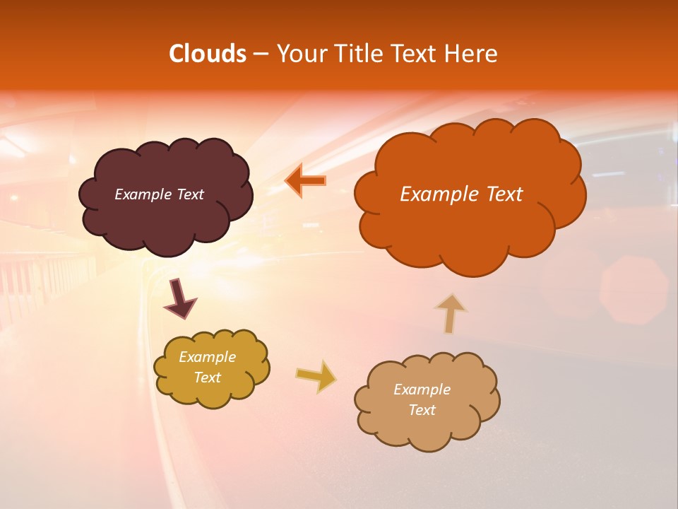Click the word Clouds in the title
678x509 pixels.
tap(207, 54)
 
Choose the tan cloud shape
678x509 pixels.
tap(424, 431)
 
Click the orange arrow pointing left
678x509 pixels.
tap(305, 181)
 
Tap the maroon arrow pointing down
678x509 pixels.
tap(179, 300)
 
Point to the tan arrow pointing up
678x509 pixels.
tap(450, 313)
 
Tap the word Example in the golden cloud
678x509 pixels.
tap(207, 357)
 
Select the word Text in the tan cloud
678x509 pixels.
tap(422, 410)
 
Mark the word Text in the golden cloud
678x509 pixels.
tap(207, 378)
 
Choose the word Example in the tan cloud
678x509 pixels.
tap(422, 390)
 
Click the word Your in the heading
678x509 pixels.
tap(299, 54)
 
